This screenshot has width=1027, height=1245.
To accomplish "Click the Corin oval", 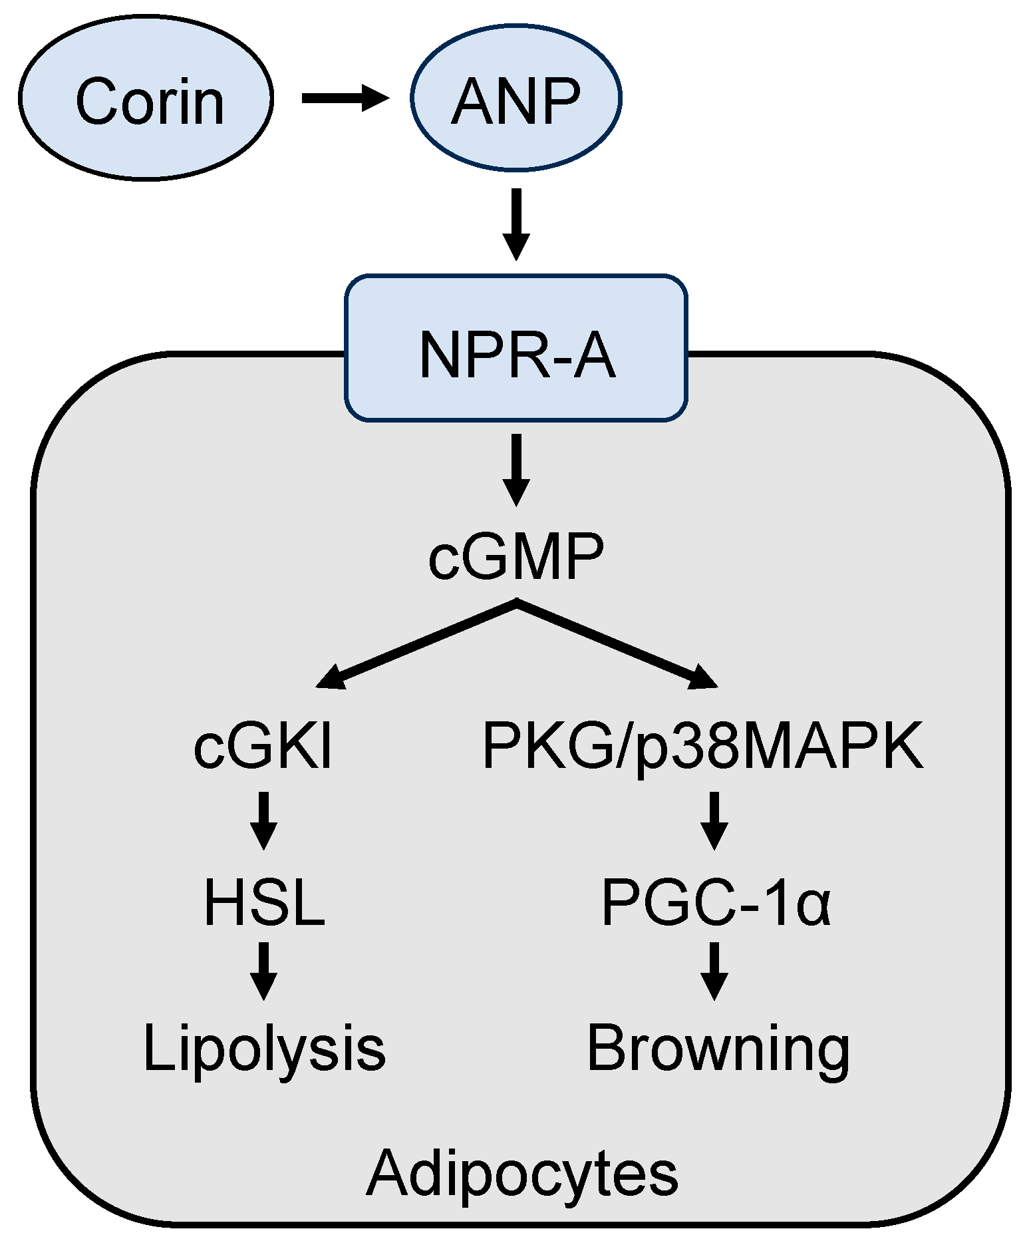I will (146, 98).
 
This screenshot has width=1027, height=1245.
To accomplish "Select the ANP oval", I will (515, 98).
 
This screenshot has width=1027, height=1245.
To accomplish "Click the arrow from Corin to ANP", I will (345, 98).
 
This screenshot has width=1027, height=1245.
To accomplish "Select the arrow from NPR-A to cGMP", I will (515, 469).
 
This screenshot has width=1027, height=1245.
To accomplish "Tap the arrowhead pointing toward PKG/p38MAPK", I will (702, 677).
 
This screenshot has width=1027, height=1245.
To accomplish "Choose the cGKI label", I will (263, 747).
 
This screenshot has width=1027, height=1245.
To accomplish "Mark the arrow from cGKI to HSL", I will (264, 820).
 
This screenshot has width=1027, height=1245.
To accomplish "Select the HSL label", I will (264, 902).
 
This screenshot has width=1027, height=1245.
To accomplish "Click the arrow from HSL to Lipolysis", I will (264, 970).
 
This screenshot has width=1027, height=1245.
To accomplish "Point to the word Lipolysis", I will (264, 1048).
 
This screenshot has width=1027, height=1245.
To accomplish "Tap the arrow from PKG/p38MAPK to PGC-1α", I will (714, 820).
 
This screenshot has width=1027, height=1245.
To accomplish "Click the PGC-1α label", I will (716, 902).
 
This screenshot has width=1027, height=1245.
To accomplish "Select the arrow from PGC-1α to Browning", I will (714, 970).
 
